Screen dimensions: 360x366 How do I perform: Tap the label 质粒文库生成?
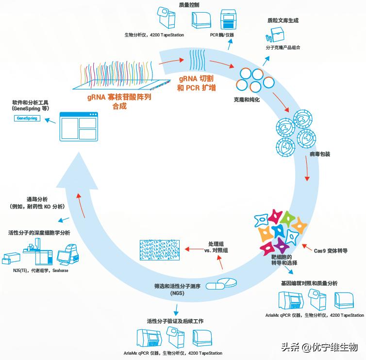coord(283,21)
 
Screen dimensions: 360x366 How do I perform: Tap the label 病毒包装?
coord(319,154)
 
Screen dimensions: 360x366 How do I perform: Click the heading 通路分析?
coord(36,199)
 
